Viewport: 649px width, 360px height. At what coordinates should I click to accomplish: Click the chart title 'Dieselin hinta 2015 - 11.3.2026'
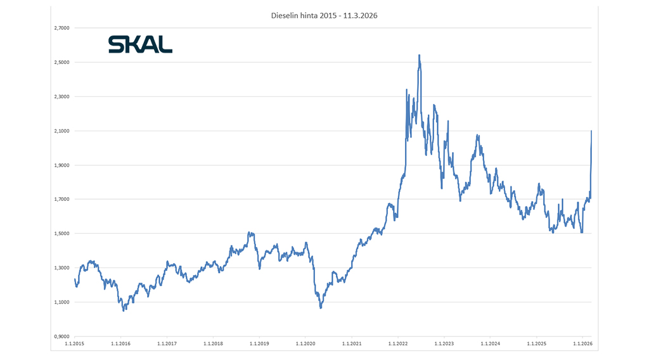click(x=324, y=16)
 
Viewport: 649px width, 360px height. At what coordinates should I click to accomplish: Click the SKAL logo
click(x=140, y=44)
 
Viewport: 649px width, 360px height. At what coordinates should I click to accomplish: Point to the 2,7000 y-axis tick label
click(x=60, y=28)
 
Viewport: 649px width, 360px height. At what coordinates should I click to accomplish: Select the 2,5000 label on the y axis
click(x=60, y=62)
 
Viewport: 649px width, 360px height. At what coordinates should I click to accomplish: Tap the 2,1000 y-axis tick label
click(x=60, y=131)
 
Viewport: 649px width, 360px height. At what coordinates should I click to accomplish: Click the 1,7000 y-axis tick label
click(x=60, y=199)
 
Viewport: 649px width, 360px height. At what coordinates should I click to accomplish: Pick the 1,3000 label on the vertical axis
click(x=60, y=267)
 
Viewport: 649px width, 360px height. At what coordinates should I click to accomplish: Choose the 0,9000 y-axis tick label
click(x=60, y=336)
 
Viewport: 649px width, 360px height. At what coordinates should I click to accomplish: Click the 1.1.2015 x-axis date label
click(x=74, y=344)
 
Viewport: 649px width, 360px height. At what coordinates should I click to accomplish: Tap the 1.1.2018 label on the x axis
click(x=213, y=344)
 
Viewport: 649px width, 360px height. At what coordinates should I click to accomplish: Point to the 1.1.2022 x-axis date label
click(x=397, y=344)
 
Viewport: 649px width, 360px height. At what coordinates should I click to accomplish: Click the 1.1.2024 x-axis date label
click(x=490, y=344)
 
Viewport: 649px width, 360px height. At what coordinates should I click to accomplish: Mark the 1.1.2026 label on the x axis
click(x=582, y=344)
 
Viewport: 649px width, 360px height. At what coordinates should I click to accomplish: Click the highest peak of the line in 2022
click(x=419, y=55)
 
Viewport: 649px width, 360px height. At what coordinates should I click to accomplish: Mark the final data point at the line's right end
click(x=591, y=131)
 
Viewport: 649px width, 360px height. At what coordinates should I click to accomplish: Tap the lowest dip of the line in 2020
click(x=321, y=308)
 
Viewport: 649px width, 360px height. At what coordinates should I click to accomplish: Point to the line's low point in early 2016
click(x=124, y=310)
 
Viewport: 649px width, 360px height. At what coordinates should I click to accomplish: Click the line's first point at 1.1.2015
click(x=75, y=279)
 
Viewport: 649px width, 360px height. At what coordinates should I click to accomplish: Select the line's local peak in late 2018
click(x=249, y=233)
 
